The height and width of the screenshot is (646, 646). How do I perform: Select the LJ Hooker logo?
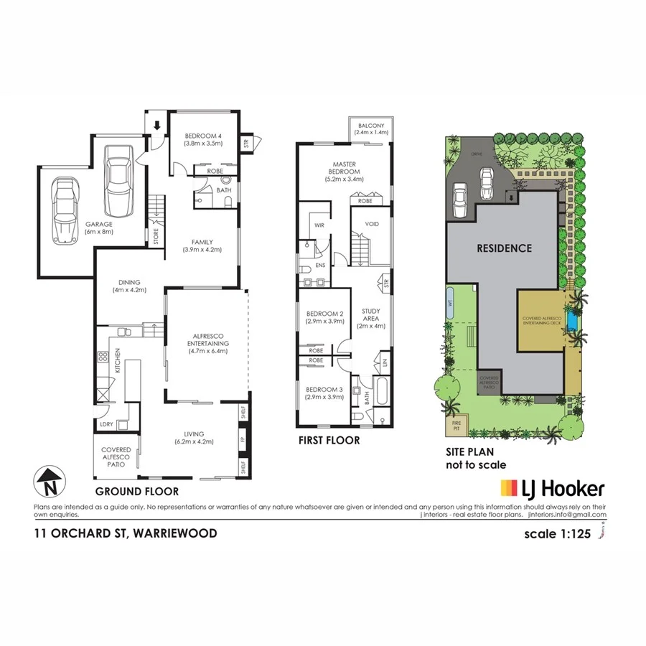(x=552, y=490)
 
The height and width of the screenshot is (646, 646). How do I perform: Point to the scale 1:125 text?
(x=559, y=534)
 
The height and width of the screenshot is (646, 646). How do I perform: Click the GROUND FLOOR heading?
(x=136, y=492)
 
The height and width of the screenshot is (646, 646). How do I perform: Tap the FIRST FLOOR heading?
(x=329, y=440)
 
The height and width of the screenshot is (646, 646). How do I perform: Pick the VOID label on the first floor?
(x=372, y=224)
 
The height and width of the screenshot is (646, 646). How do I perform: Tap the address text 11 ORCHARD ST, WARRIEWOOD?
(x=126, y=533)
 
